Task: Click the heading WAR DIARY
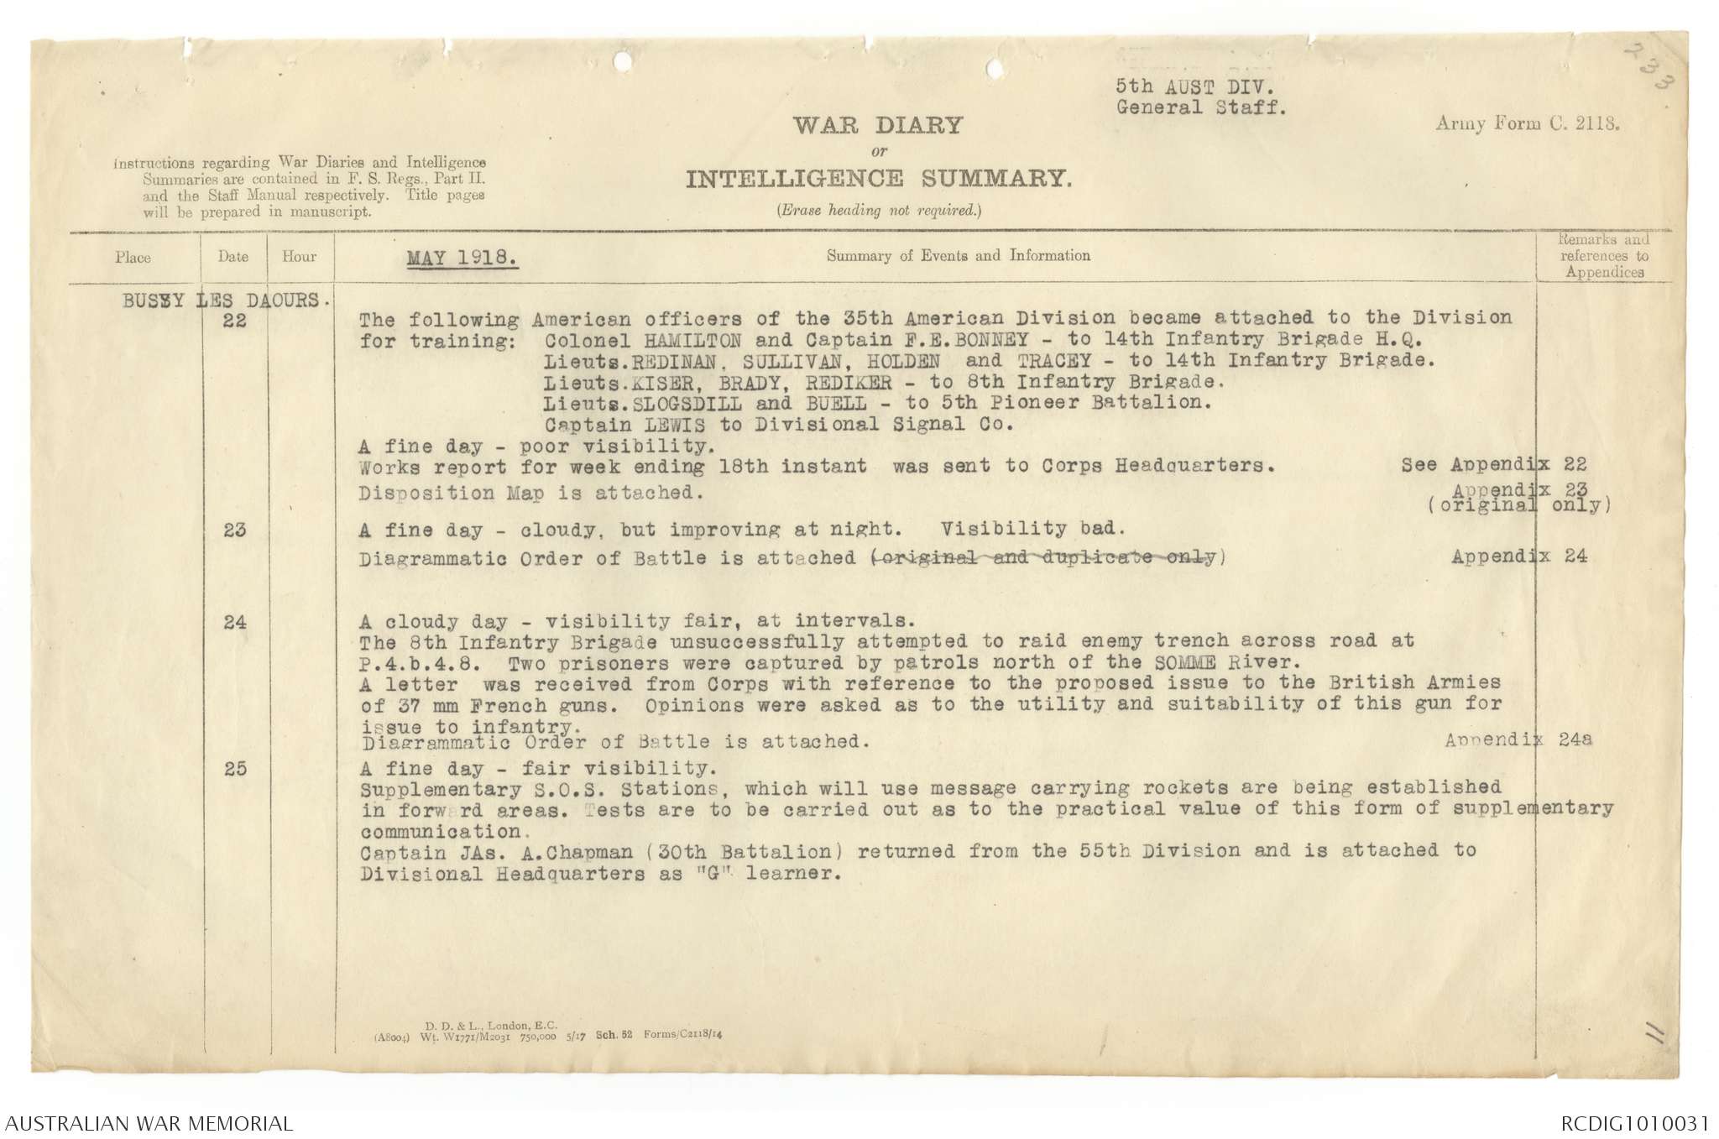tap(878, 126)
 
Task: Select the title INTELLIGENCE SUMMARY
tap(878, 179)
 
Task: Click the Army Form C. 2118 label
tap(1527, 123)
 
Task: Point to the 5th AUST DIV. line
tap(1189, 86)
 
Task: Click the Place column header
tap(133, 258)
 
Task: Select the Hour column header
tap(300, 257)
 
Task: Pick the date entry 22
tap(235, 321)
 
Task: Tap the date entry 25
tap(235, 769)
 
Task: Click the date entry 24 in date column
tap(235, 623)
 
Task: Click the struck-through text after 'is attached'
tap(1042, 557)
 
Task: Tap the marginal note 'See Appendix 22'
tap(1493, 465)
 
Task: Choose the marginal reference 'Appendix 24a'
tap(1518, 740)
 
